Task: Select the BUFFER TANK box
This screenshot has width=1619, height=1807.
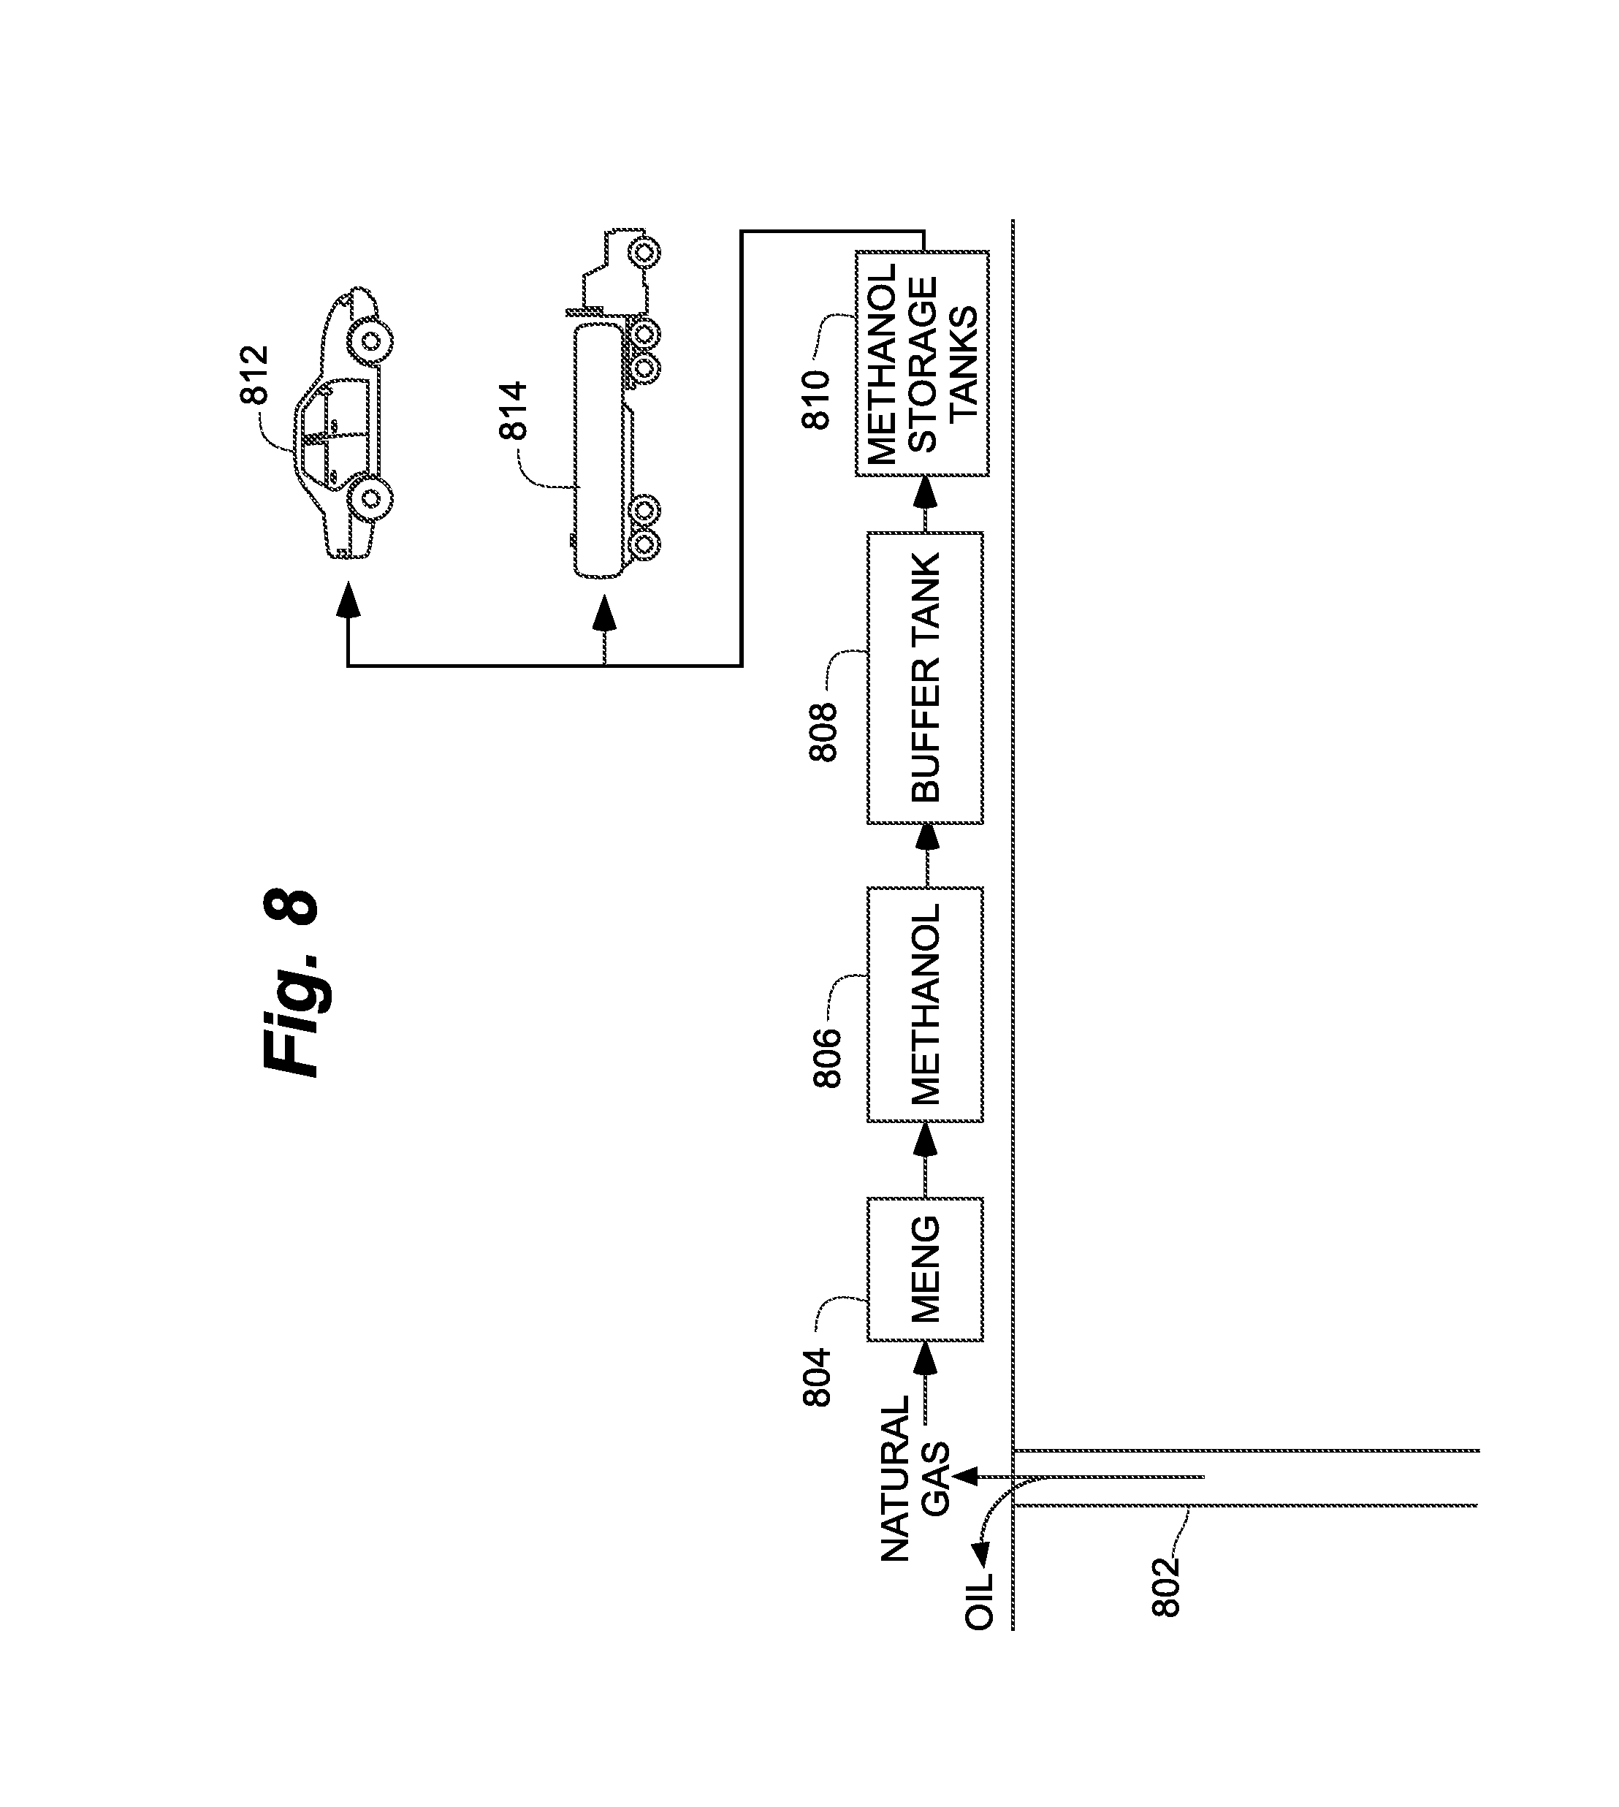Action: click(925, 678)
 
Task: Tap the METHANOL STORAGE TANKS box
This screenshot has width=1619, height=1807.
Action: click(923, 364)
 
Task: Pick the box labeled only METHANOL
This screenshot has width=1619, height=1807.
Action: click(925, 1005)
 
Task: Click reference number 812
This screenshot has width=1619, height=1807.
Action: click(255, 375)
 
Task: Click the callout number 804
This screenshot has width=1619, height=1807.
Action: click(817, 1377)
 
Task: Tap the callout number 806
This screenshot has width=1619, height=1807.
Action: click(826, 1058)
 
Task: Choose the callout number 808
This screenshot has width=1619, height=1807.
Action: click(823, 732)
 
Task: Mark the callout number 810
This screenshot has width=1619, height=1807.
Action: click(816, 400)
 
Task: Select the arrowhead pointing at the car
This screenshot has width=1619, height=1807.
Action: click(348, 601)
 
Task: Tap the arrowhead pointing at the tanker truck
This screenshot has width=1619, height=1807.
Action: click(605, 614)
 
